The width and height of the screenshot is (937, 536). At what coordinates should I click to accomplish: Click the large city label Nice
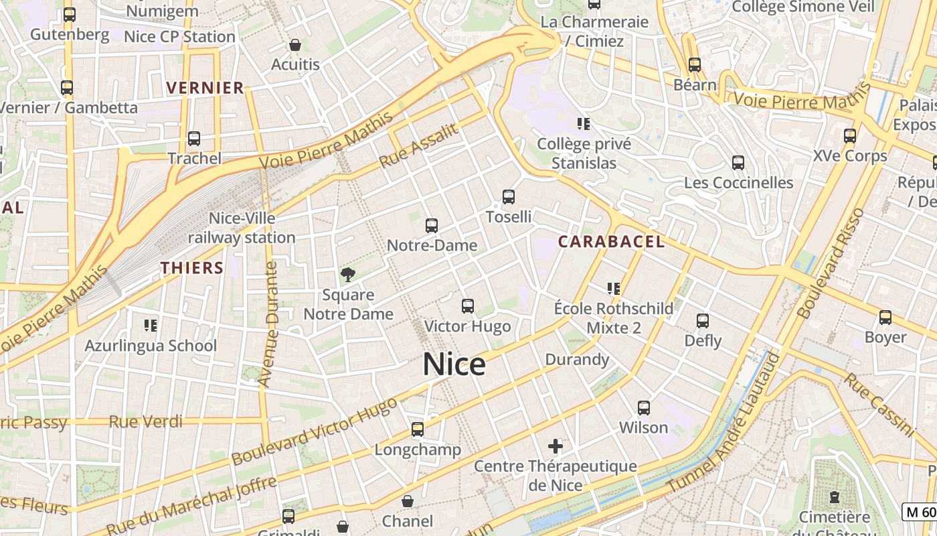454,364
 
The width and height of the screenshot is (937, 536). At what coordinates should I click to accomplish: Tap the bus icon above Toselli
509,197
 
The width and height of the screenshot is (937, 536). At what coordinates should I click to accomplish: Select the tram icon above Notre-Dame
432,226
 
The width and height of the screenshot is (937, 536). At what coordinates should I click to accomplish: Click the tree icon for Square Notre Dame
348,274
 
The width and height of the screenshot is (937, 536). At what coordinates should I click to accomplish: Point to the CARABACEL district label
611,242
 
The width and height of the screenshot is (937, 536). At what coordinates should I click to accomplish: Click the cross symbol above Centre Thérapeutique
556,446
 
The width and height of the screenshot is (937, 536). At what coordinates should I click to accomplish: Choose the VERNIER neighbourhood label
205,88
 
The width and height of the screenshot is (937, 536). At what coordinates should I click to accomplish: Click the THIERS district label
192,268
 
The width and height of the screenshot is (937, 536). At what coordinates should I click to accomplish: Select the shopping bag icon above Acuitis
295,46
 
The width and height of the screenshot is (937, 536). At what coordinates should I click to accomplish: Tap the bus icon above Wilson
644,407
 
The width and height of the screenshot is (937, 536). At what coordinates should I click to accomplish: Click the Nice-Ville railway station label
242,228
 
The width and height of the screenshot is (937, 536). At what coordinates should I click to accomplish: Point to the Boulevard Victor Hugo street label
314,429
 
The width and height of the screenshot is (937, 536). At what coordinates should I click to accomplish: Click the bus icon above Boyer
885,318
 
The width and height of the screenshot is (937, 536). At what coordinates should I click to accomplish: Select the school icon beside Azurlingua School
151,326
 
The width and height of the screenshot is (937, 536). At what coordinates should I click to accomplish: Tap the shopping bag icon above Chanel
408,501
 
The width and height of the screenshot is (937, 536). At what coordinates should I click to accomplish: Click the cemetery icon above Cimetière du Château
835,497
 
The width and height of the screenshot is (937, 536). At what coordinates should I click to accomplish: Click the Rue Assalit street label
419,146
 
